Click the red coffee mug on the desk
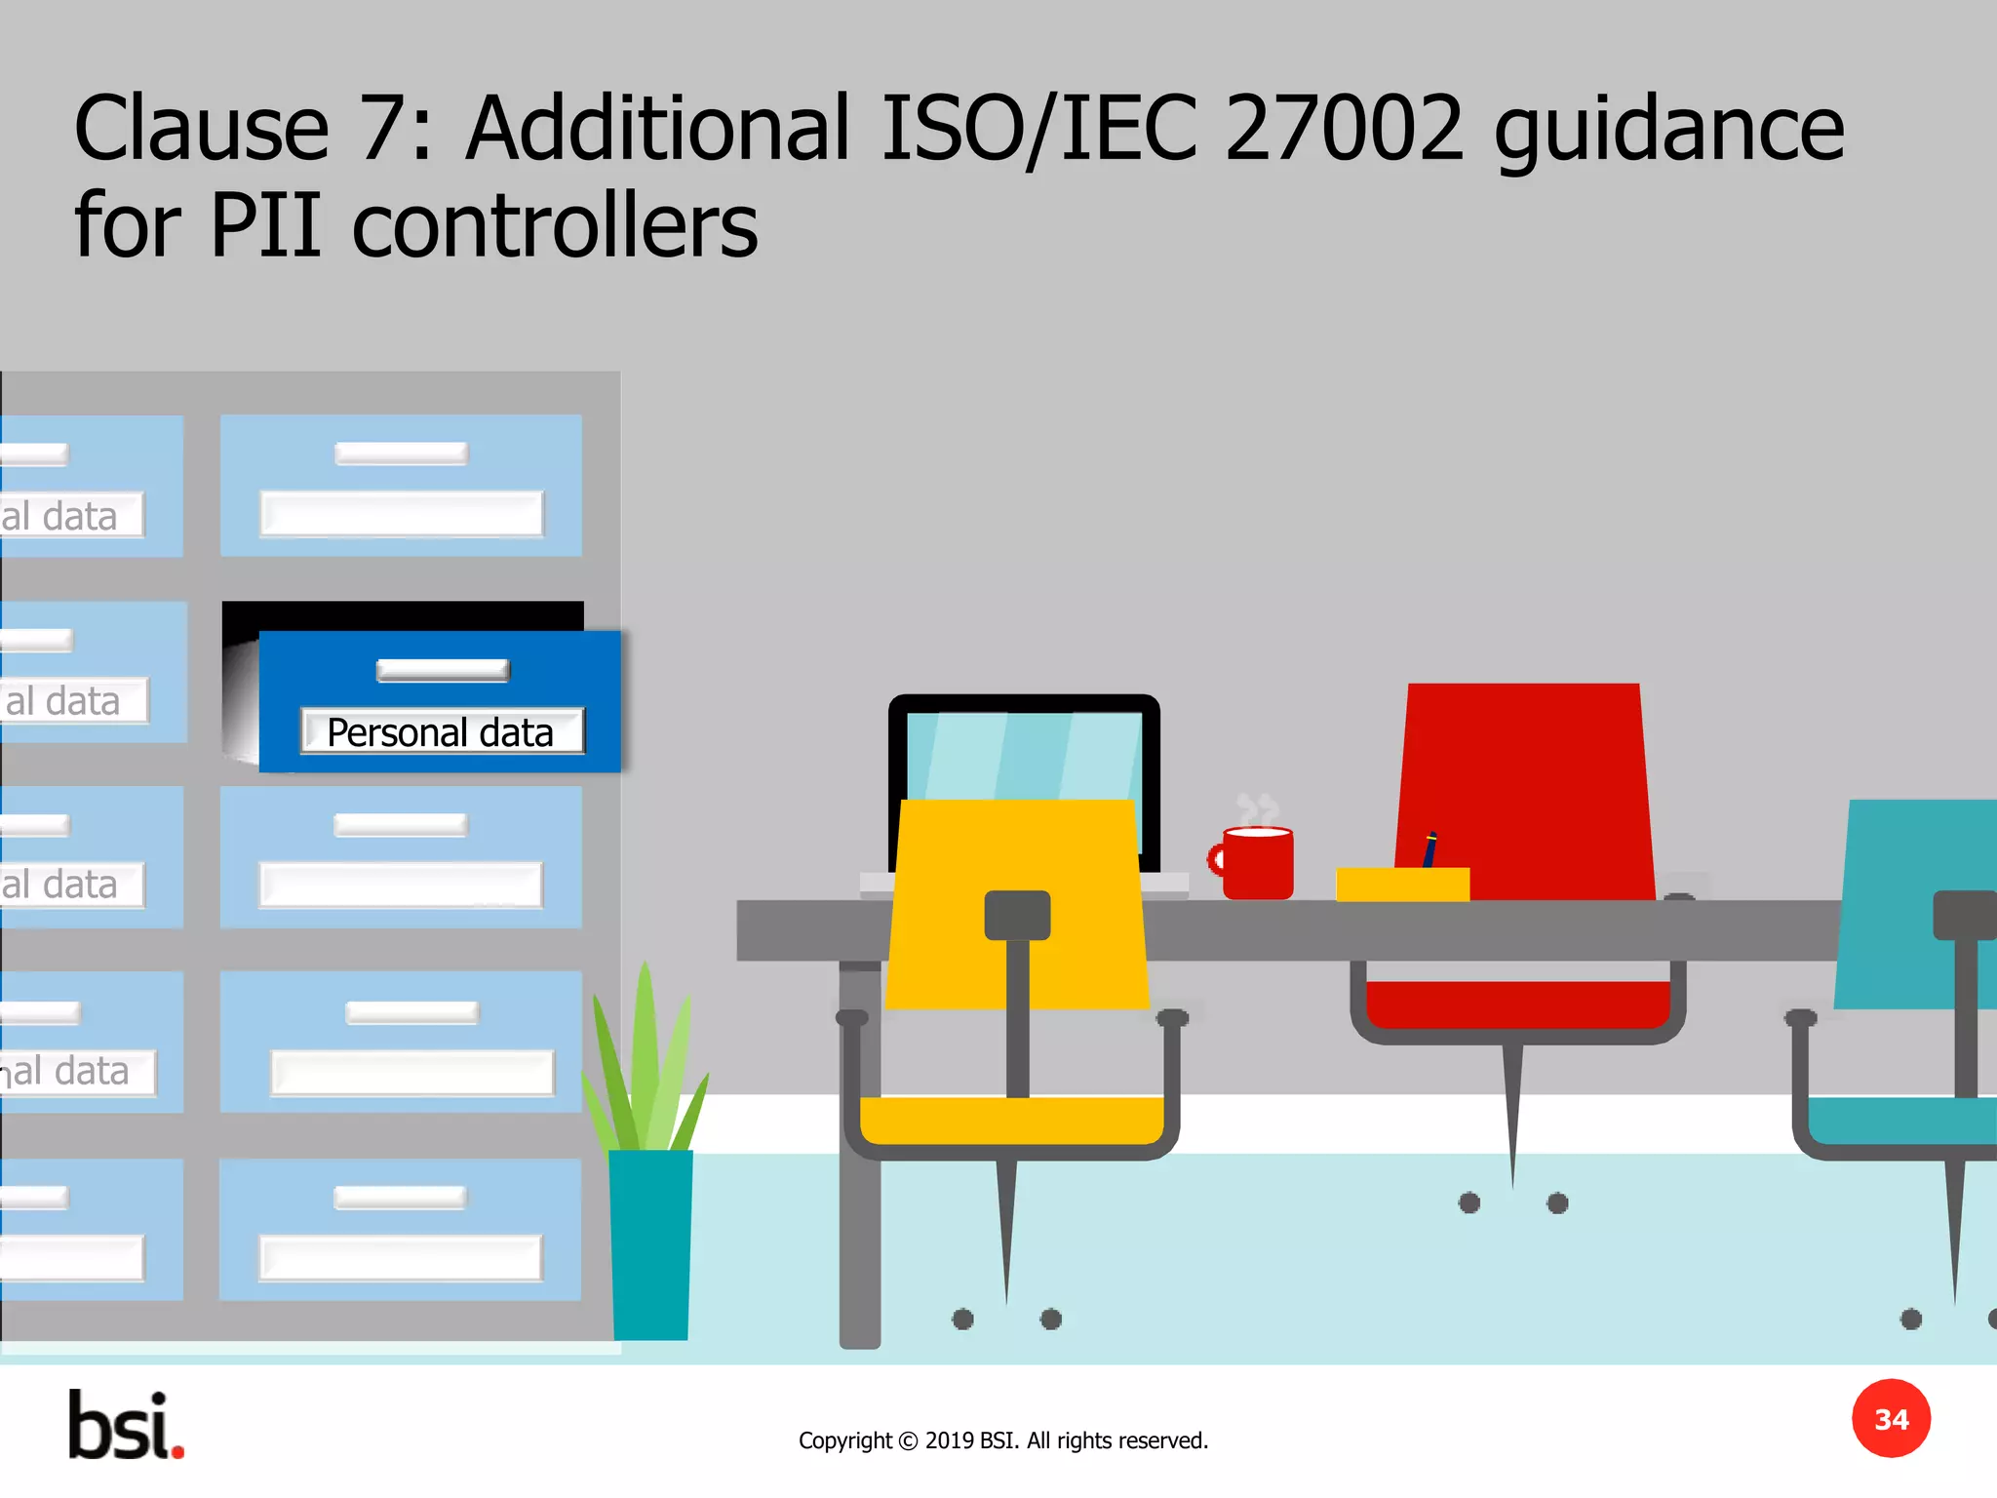[x=1259, y=864]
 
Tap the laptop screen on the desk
[x=1024, y=756]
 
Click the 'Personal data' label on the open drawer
[x=441, y=732]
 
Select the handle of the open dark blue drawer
[x=443, y=670]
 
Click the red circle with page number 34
[x=1891, y=1419]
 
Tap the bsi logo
[x=126, y=1426]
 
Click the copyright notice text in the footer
[x=1002, y=1440]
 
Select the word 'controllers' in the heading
[x=554, y=226]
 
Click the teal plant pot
[x=650, y=1243]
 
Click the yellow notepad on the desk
[x=1402, y=884]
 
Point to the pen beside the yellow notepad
[x=1429, y=848]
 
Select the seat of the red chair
[x=1518, y=1005]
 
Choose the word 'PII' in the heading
[x=265, y=226]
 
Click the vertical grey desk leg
[x=859, y=1170]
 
